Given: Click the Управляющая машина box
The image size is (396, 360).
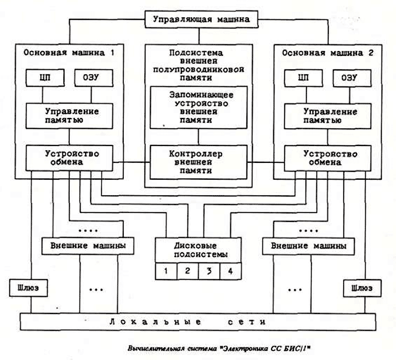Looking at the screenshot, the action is click(201, 19).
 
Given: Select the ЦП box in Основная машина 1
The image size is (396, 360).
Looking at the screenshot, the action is click(45, 78).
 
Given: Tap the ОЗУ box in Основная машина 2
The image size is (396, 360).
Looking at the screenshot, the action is click(352, 78).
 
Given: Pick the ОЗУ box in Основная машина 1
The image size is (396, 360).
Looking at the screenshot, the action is click(94, 78).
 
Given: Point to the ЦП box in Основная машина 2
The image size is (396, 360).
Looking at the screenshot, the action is click(303, 78).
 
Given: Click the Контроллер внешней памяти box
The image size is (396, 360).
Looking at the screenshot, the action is click(198, 162).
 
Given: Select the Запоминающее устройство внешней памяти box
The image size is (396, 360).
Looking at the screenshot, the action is click(198, 107).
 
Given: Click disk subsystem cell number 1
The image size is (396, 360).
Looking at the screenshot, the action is click(166, 271).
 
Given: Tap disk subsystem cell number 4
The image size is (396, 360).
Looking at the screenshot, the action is click(231, 271).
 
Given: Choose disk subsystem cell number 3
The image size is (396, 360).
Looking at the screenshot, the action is click(209, 271).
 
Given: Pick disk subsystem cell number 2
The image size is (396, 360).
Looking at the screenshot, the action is click(188, 271).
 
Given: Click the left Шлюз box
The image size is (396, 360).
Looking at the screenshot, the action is click(28, 288).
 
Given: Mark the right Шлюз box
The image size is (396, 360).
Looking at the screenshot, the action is click(362, 288).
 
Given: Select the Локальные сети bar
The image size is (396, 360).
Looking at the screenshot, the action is click(198, 322).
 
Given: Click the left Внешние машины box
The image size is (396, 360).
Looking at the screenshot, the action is click(88, 246).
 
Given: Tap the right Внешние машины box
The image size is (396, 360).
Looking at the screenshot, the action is click(308, 246).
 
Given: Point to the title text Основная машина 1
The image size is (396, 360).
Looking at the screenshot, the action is click(69, 52).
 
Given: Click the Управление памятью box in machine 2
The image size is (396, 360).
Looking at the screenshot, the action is click(328, 116).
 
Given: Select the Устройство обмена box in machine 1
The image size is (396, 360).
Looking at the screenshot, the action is click(69, 158).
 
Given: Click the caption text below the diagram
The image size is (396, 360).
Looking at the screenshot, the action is click(219, 349).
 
